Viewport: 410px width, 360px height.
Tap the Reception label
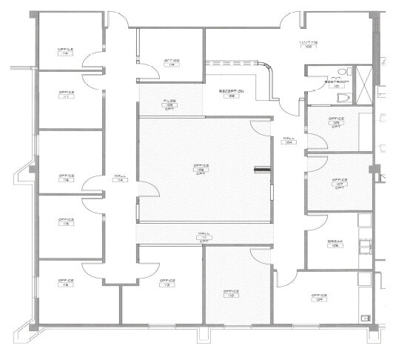[232, 93]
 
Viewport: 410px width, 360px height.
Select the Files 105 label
[169, 103]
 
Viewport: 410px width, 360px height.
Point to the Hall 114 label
[120, 178]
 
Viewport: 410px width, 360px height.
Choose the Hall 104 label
[289, 140]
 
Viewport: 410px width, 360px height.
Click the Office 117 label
[66, 95]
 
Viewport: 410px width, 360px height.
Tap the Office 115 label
[66, 221]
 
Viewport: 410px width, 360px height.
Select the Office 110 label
[231, 293]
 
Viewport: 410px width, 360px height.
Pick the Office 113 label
[66, 283]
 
